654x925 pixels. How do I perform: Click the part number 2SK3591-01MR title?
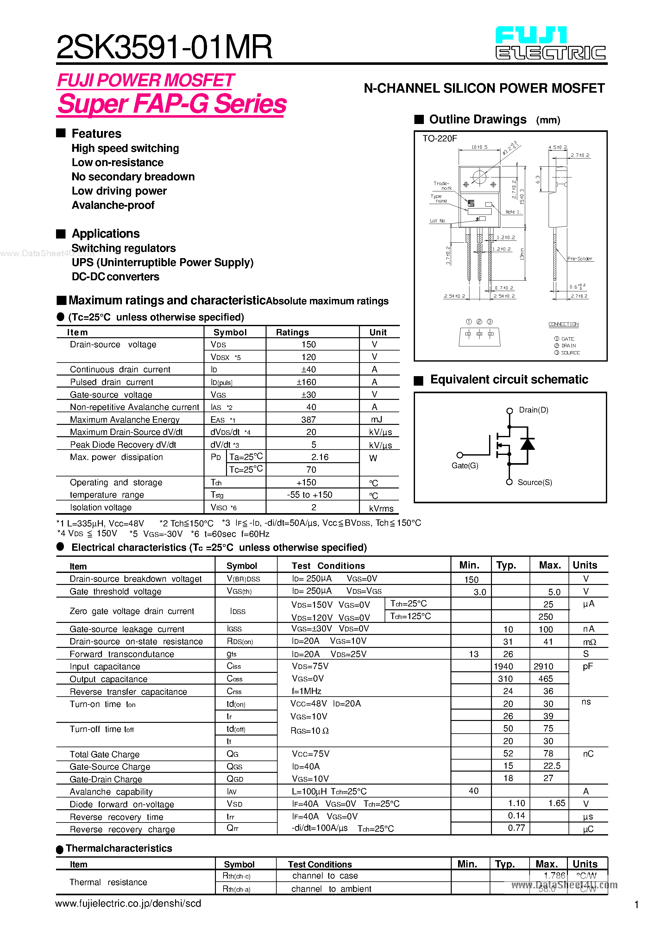pyautogui.click(x=164, y=47)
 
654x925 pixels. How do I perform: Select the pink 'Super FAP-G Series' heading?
pyautogui.click(x=172, y=104)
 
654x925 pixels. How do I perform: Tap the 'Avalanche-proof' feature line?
pyautogui.click(x=113, y=205)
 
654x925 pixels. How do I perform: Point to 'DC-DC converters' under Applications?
pyautogui.click(x=115, y=277)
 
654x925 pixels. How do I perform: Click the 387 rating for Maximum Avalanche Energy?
pyautogui.click(x=308, y=420)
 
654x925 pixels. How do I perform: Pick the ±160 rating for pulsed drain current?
pyautogui.click(x=306, y=382)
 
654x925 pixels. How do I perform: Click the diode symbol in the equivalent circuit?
pyautogui.click(x=527, y=444)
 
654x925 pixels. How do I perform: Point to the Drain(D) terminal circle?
pyautogui.click(x=510, y=411)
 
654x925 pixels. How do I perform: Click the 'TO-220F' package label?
pyautogui.click(x=439, y=139)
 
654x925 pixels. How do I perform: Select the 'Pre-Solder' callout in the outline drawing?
pyautogui.click(x=579, y=259)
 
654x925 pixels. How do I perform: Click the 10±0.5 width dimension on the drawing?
pyautogui.click(x=479, y=147)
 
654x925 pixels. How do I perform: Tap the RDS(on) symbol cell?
pyautogui.click(x=240, y=641)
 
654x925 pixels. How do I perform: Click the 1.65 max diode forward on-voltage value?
pyautogui.click(x=557, y=803)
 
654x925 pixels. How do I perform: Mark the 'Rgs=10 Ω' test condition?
pyautogui.click(x=309, y=731)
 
